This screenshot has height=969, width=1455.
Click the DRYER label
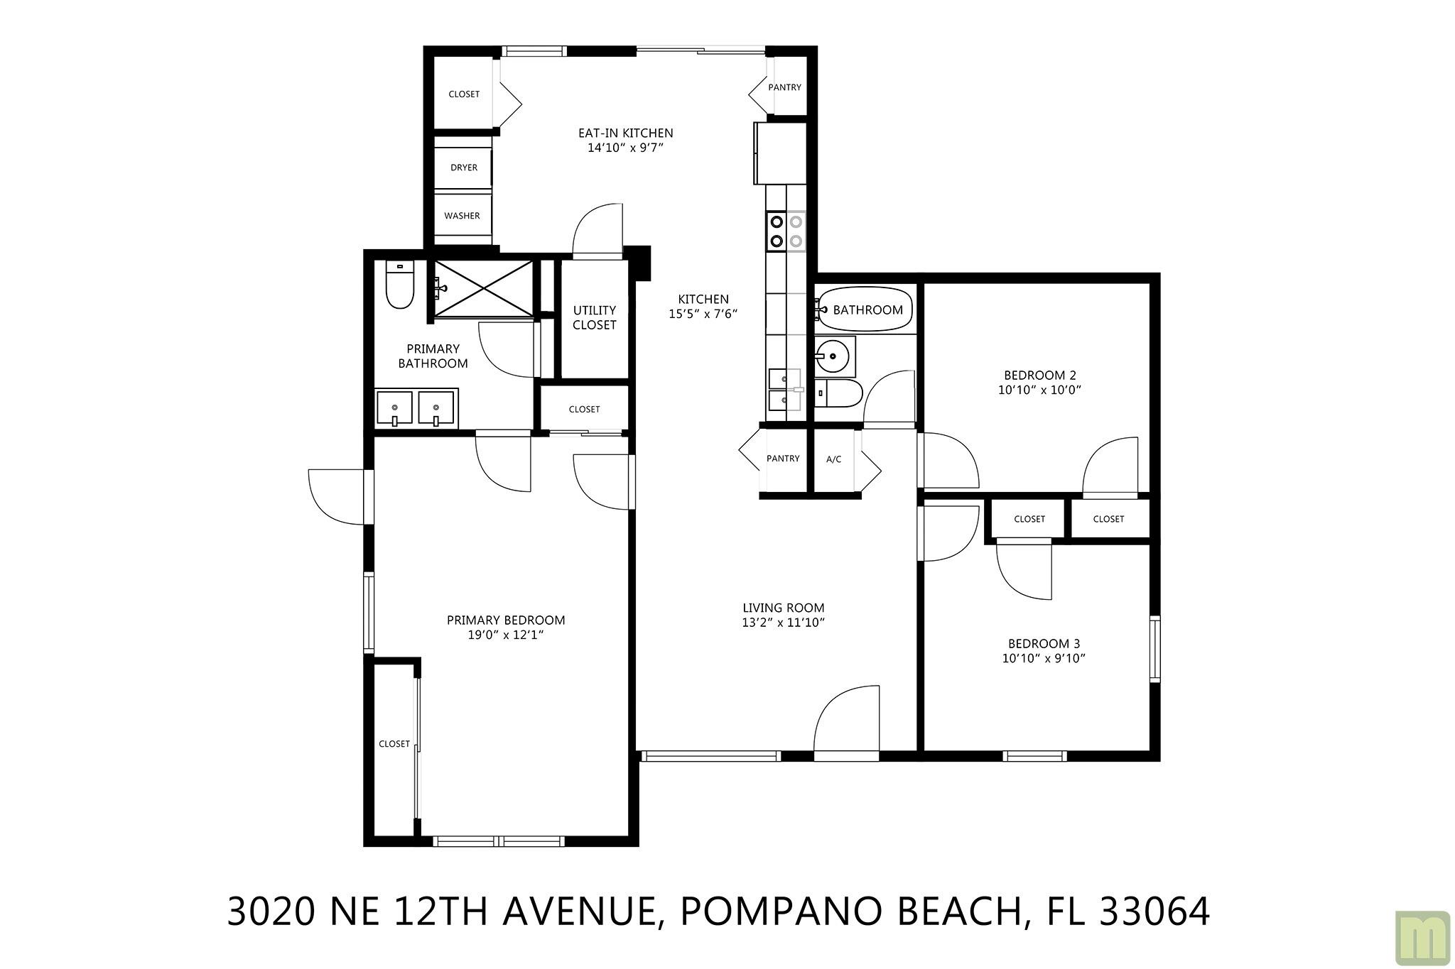pyautogui.click(x=464, y=168)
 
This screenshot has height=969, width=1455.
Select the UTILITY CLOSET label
pyautogui.click(x=595, y=317)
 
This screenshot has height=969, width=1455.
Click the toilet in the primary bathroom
pyautogui.click(x=399, y=285)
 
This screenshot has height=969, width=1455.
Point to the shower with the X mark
pyautogui.click(x=483, y=288)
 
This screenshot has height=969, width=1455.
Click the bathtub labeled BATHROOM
pyautogui.click(x=864, y=310)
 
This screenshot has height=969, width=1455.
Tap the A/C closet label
pyautogui.click(x=833, y=459)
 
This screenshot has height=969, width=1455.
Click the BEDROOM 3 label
pyautogui.click(x=1044, y=644)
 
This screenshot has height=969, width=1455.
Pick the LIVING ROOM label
pyautogui.click(x=783, y=608)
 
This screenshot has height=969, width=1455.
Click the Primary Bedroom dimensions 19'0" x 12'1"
pyautogui.click(x=506, y=635)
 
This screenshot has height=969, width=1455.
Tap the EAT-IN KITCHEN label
pyautogui.click(x=625, y=133)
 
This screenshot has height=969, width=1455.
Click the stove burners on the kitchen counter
pyautogui.click(x=786, y=231)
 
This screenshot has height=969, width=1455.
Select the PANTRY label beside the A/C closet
pyautogui.click(x=783, y=459)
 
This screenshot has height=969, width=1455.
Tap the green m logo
pyautogui.click(x=1422, y=938)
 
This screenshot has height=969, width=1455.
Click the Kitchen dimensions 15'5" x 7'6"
pyautogui.click(x=703, y=314)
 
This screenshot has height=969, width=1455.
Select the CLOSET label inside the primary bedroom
pyautogui.click(x=394, y=744)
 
